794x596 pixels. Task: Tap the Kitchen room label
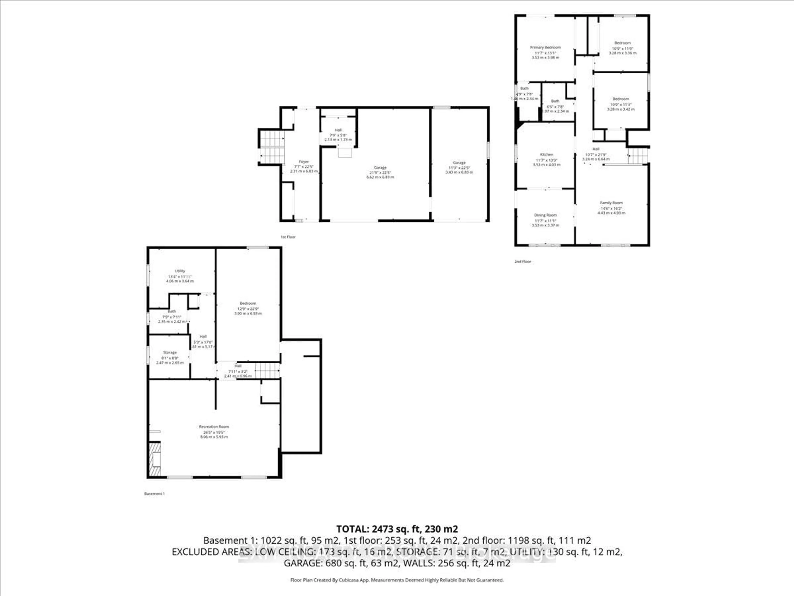click(546, 154)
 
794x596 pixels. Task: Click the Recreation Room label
click(214, 427)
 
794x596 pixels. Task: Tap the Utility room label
click(180, 271)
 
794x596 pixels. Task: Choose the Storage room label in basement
click(170, 352)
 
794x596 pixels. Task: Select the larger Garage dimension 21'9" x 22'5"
click(380, 172)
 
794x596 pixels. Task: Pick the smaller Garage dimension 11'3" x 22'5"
click(459, 168)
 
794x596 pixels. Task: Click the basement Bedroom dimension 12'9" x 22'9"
click(248, 309)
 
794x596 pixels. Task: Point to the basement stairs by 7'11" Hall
click(267, 370)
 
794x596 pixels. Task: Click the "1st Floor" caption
click(288, 237)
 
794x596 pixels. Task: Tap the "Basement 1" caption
click(154, 494)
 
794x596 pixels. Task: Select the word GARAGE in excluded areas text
click(303, 563)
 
